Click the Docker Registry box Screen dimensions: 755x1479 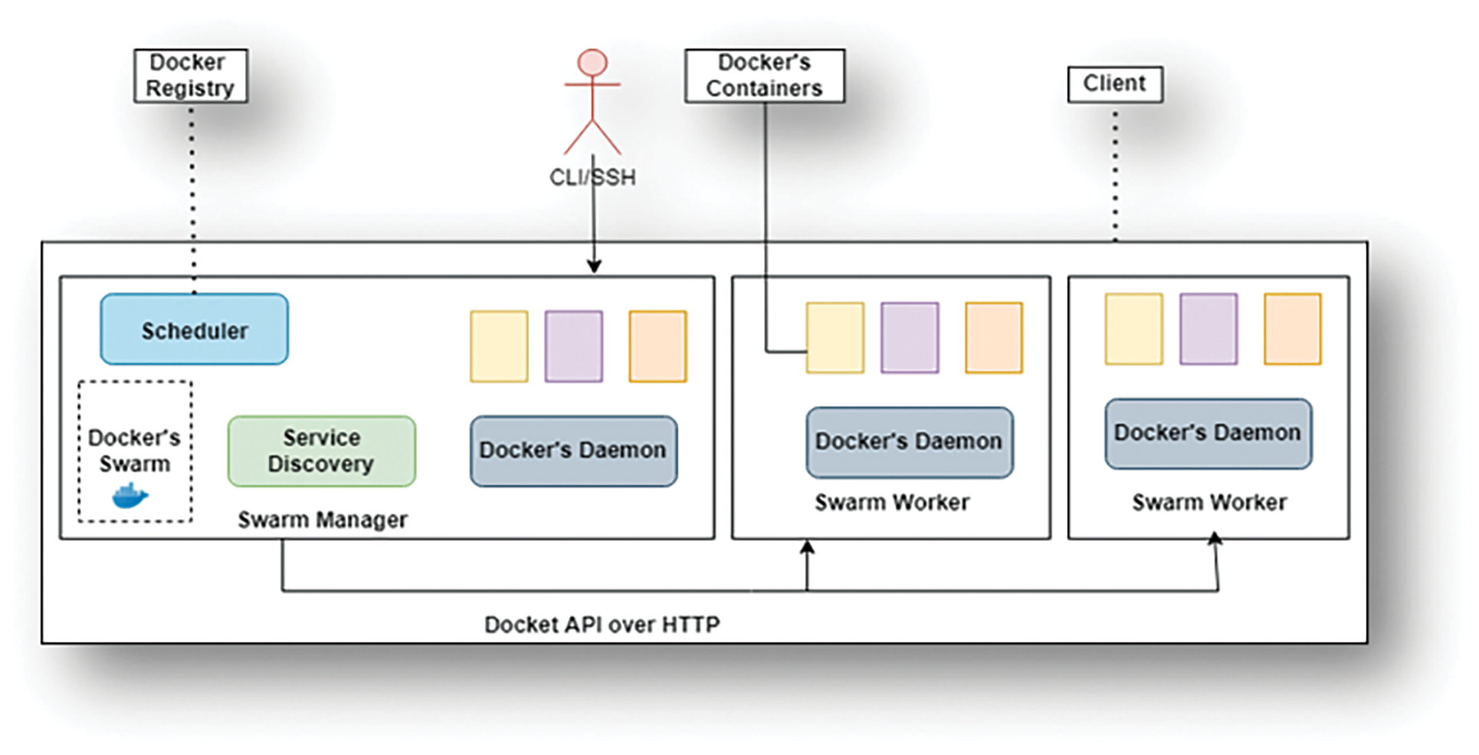point(190,75)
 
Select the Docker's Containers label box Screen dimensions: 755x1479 point(764,75)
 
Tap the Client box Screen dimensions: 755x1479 point(1114,84)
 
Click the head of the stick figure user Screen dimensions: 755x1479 point(592,63)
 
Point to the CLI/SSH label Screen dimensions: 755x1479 point(592,178)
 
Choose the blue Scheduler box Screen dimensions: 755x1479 point(195,330)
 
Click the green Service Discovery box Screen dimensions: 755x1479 point(322,451)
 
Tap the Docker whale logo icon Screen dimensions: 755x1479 point(130,497)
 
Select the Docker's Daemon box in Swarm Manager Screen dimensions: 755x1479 point(573,451)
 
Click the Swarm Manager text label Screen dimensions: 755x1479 point(322,520)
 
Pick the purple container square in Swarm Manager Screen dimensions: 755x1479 point(573,346)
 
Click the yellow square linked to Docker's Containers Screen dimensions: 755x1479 point(835,338)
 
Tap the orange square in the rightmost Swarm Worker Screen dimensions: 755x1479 point(1292,329)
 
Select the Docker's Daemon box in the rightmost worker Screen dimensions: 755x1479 point(1208,433)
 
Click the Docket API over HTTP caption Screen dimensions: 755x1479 point(602,625)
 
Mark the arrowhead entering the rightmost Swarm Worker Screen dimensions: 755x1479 point(1215,539)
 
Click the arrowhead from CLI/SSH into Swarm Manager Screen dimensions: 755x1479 point(594,266)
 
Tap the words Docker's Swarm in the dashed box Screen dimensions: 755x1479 point(134,451)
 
